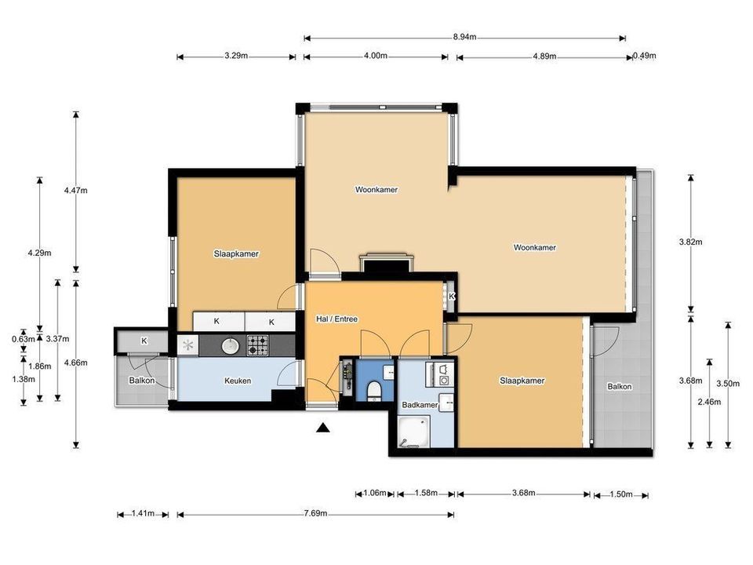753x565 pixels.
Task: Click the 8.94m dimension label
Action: [x=464, y=37]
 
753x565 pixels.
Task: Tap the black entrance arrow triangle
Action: [x=323, y=428]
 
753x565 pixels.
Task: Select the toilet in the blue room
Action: [x=373, y=391]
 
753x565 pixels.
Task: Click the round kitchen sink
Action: [x=231, y=345]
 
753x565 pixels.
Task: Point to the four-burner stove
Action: [x=257, y=345]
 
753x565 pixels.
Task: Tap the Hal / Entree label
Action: [x=336, y=319]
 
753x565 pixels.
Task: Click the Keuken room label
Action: [x=238, y=381]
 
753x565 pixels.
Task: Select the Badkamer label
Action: [x=420, y=405]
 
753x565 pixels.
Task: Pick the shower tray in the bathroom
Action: [x=413, y=431]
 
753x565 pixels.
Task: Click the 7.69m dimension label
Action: [x=315, y=513]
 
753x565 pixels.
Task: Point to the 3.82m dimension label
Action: [x=690, y=242]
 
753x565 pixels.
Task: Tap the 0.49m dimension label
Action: [x=645, y=56]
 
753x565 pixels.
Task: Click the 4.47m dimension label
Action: [x=76, y=190]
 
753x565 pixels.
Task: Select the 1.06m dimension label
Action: [x=375, y=493]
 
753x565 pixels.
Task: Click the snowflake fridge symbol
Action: [x=187, y=345]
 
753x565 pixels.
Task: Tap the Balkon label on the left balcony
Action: [x=142, y=381]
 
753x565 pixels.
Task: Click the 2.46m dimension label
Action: [x=709, y=402]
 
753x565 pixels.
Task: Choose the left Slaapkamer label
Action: [x=236, y=253]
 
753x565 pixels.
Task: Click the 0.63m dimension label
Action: [x=24, y=339]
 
